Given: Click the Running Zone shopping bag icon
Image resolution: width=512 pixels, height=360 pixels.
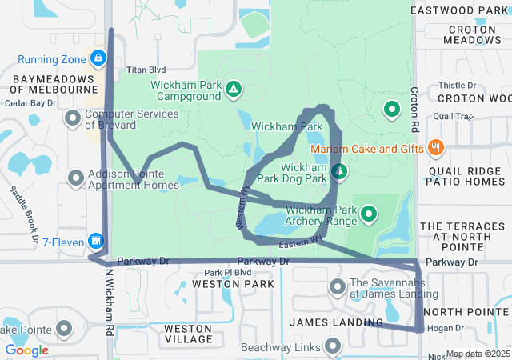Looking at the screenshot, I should tap(98, 58).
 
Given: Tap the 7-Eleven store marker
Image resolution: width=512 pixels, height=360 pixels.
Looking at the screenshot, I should tap(96, 240).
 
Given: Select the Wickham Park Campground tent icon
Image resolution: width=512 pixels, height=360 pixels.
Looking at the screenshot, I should tap(233, 88).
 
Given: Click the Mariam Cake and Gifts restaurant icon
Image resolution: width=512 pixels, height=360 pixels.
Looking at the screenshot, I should tap(435, 147).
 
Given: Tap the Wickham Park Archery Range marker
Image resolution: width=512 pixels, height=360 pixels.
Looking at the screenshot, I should tap(369, 213).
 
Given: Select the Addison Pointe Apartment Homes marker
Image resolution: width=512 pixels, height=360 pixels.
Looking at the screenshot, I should tap(75, 178).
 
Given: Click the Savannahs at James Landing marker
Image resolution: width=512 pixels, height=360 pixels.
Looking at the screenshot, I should tap(337, 286).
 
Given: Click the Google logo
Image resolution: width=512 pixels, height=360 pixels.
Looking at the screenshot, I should tap(26, 350).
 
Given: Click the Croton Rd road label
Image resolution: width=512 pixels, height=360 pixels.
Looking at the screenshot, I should tap(414, 110).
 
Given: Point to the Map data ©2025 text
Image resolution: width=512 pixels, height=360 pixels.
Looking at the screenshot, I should tap(478, 354).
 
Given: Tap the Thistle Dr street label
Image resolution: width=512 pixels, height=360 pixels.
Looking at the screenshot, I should tap(458, 85).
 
